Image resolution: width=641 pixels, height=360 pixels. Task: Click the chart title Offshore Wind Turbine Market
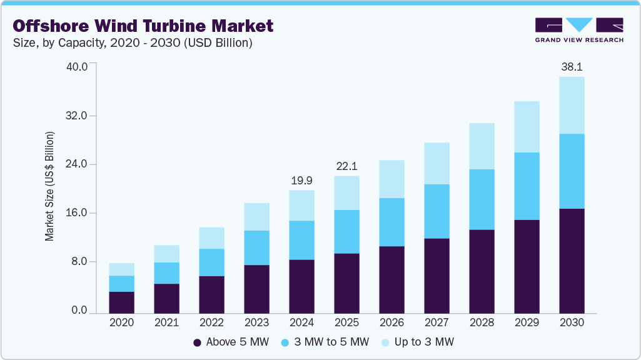point(143,26)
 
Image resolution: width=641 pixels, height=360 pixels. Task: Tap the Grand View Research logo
point(578,29)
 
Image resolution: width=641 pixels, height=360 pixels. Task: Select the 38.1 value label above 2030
point(572,66)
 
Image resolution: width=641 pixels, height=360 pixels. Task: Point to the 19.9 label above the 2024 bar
point(301,180)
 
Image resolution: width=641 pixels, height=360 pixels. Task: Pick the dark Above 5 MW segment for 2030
point(572,261)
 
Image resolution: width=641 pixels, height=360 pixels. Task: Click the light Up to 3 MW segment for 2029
point(527,127)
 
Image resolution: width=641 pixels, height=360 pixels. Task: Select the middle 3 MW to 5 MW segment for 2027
point(437,211)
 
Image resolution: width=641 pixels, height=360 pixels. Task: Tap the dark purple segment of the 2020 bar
point(121,302)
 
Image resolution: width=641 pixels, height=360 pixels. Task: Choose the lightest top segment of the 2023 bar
point(256,217)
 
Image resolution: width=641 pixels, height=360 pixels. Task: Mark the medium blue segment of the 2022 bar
point(211,262)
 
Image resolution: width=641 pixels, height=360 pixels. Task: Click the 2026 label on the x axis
point(391,323)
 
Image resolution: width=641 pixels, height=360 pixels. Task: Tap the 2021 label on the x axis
point(166,323)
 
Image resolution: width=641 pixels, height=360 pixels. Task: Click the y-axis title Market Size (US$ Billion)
point(49,186)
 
